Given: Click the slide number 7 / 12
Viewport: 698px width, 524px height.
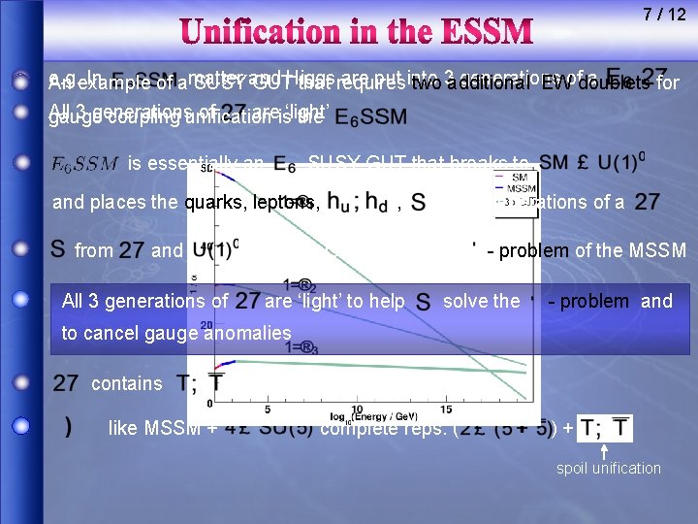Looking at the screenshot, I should click(x=664, y=15).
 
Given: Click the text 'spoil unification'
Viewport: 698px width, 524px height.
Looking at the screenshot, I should click(x=608, y=469).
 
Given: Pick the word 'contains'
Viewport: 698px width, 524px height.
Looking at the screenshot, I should click(x=126, y=383).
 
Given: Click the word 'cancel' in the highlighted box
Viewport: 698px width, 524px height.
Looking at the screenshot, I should click(x=109, y=333).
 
